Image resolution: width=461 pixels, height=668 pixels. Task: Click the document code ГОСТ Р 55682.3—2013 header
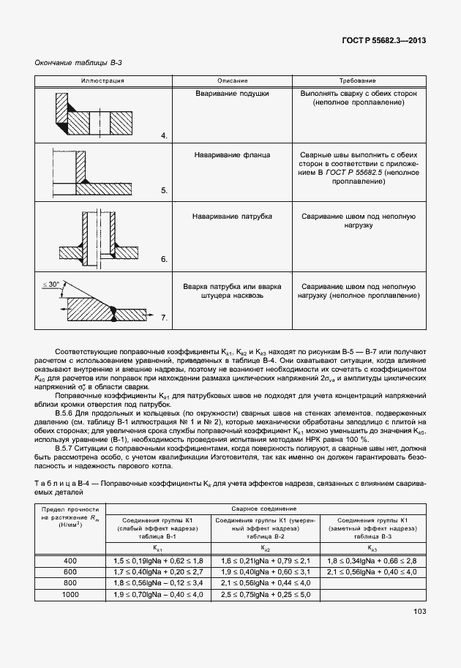pyautogui.click(x=383, y=41)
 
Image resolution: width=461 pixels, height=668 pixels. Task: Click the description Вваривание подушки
pyautogui.click(x=232, y=94)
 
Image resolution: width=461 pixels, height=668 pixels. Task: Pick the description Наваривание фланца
pyautogui.click(x=232, y=155)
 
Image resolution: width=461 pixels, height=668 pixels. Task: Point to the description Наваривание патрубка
pyautogui.click(x=232, y=217)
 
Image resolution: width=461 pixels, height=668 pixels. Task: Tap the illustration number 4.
pyautogui.click(x=165, y=136)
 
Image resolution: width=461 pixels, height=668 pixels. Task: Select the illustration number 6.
pyautogui.click(x=165, y=259)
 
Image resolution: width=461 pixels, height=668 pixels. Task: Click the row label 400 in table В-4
pyautogui.click(x=70, y=560)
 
